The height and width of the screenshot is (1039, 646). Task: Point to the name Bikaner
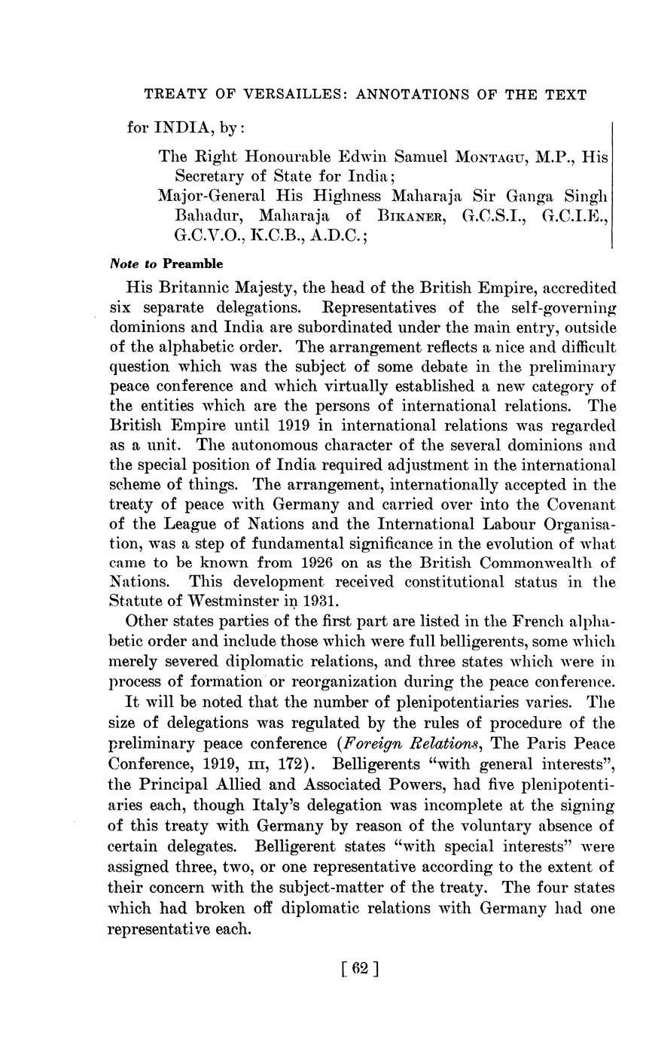[x=413, y=216]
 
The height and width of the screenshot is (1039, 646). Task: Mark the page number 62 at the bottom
[x=358, y=969]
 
